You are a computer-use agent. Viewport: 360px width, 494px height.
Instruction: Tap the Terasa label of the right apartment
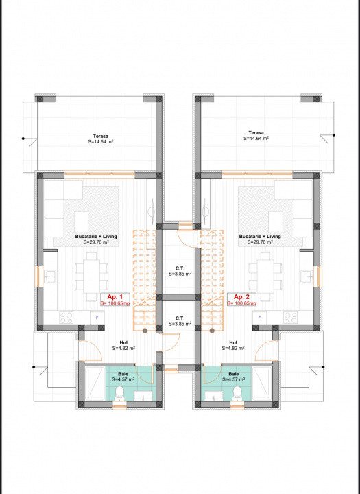[x=256, y=132]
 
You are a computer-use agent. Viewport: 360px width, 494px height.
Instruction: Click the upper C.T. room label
[x=179, y=268]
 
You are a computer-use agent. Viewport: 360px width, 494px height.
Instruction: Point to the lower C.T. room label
[x=179, y=318]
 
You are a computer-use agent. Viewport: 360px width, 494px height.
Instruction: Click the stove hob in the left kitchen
[x=67, y=317]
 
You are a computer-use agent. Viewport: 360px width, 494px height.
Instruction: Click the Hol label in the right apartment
[x=233, y=342]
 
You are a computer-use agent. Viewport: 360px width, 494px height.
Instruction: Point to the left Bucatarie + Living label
[x=95, y=236]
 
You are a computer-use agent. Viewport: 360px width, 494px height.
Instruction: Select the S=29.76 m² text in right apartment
[x=260, y=242]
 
